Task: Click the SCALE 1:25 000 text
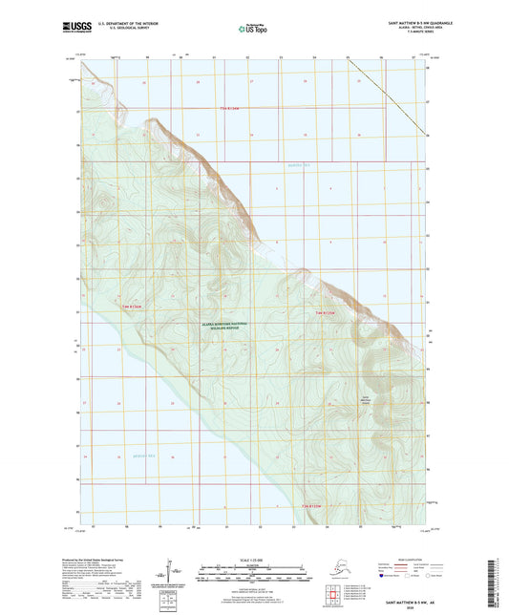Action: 253,558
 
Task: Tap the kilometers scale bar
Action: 253,564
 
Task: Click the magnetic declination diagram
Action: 169,570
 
